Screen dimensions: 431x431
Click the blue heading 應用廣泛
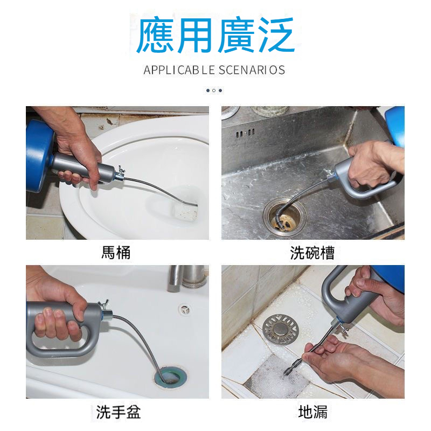215,35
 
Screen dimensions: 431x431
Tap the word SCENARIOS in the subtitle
252,70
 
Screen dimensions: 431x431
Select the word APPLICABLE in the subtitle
179,70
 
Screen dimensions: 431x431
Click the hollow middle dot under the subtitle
214,91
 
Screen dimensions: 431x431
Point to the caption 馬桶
116,252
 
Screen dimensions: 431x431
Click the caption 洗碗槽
312,253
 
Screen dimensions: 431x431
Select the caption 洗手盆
118,412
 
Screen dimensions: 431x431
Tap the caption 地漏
313,412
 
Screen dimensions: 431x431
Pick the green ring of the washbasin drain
170,377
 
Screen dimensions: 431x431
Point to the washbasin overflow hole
184,309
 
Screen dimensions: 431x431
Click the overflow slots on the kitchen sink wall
245,133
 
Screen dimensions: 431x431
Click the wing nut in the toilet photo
120,170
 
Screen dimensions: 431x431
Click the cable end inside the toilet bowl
194,203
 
